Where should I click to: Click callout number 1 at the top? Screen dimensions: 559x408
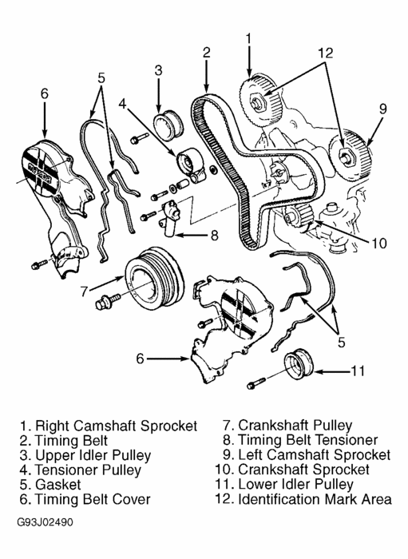(x=249, y=38)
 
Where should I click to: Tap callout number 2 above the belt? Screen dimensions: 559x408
(x=206, y=54)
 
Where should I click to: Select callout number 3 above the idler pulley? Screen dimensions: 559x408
(x=158, y=71)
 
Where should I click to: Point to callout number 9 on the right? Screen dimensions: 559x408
(x=383, y=107)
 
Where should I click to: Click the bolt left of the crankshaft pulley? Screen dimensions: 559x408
(x=105, y=303)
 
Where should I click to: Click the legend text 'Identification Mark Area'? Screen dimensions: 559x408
(x=303, y=500)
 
